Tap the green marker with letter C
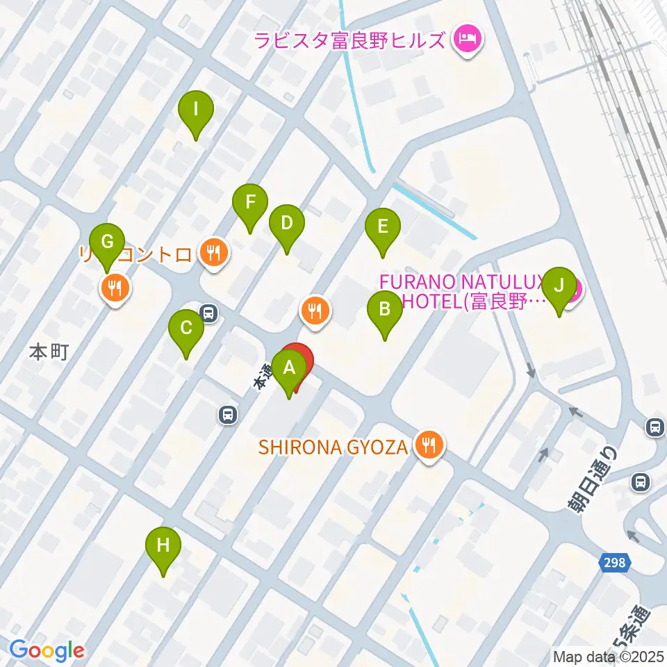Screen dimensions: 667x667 186,329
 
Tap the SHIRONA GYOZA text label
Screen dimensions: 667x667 333,447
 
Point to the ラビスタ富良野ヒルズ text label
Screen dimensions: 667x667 349,39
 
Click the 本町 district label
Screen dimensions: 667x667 49,352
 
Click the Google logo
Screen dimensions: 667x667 47,650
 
